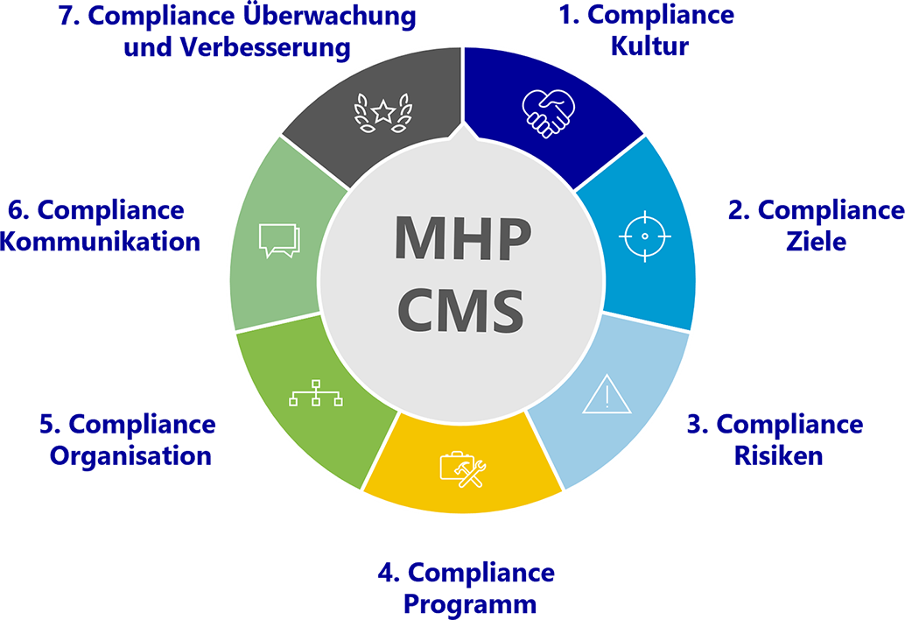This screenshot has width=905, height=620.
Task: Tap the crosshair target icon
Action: [x=645, y=236]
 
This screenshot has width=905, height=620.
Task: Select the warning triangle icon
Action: [x=607, y=394]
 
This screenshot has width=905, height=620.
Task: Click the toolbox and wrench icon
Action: [x=463, y=469]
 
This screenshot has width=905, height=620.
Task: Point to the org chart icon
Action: [x=316, y=393]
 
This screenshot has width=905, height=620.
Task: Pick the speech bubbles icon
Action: [x=279, y=240]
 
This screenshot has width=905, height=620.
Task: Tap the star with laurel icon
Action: [x=383, y=113]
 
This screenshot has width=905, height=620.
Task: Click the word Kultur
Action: [x=650, y=46]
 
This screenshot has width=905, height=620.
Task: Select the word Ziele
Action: [x=816, y=241]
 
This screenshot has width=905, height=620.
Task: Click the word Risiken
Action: [x=779, y=455]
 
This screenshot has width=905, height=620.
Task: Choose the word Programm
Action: [x=470, y=605]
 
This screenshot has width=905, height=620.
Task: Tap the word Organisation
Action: [x=130, y=456]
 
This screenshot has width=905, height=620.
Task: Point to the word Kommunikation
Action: [x=100, y=242]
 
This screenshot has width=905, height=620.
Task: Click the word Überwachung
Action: [x=329, y=16]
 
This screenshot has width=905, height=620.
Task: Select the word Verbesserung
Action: [x=265, y=46]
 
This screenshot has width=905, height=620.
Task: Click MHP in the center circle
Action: [x=462, y=238]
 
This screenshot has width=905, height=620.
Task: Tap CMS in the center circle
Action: [x=460, y=311]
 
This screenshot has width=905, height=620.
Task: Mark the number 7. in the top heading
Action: [x=69, y=16]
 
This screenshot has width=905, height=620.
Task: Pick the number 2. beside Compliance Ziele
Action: [x=740, y=210]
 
